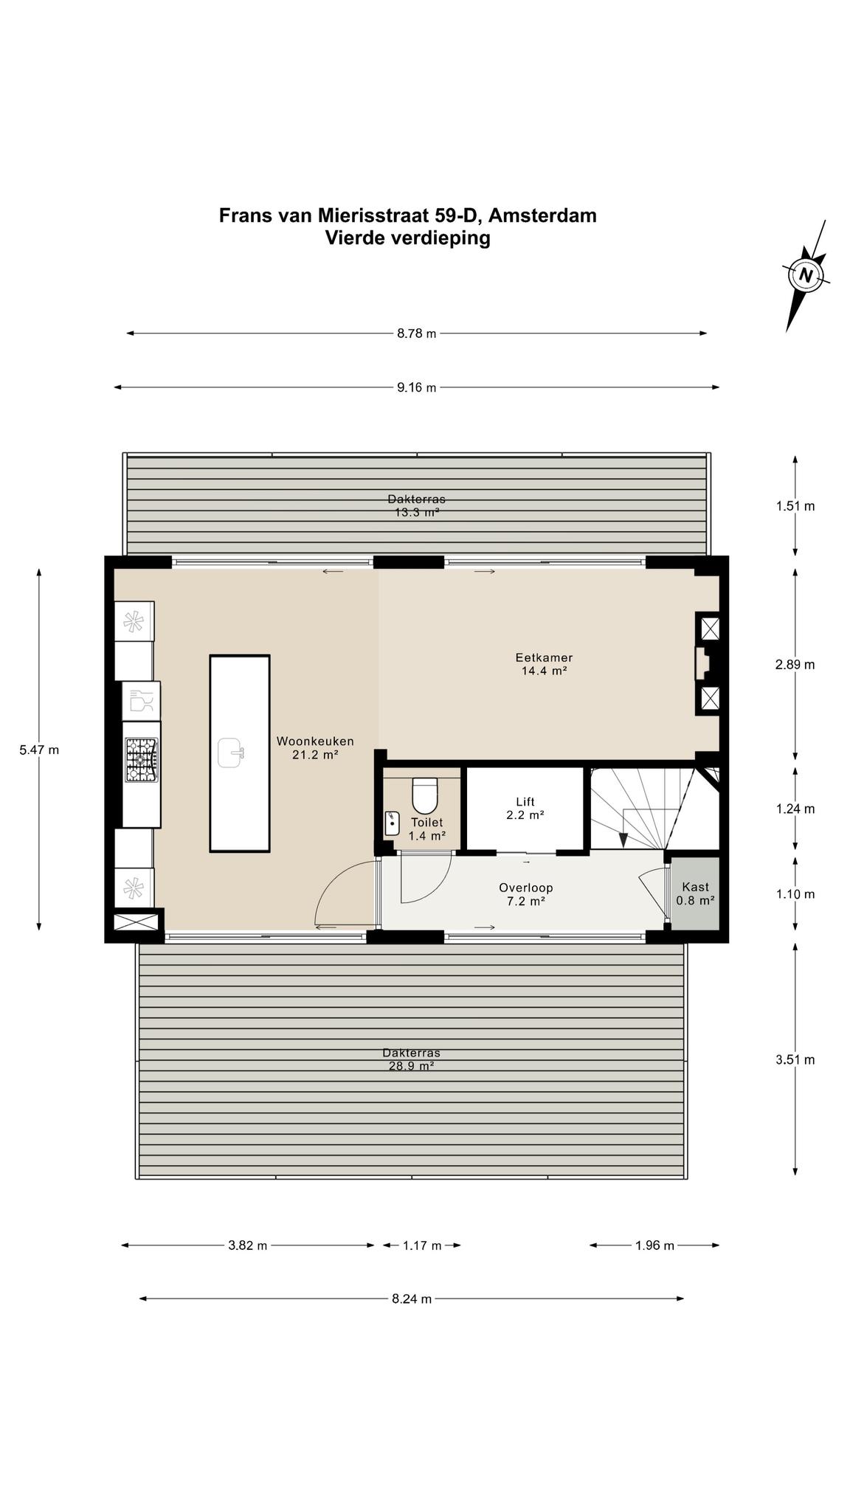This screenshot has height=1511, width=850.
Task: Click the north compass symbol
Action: [x=806, y=276]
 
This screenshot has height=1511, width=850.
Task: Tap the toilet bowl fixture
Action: [x=424, y=795]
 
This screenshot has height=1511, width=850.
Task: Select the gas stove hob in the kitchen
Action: [x=141, y=761]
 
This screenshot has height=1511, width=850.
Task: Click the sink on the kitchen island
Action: [x=232, y=753]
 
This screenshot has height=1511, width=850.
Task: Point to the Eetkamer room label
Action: [x=544, y=664]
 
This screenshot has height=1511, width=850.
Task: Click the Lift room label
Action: [x=525, y=809]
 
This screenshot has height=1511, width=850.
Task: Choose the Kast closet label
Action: [x=695, y=893]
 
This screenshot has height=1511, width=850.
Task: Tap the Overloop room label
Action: [x=525, y=894]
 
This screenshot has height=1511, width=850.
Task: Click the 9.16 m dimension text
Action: [x=417, y=387]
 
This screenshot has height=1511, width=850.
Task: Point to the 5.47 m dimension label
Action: [x=39, y=750]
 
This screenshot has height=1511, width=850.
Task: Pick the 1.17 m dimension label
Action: [x=422, y=1246]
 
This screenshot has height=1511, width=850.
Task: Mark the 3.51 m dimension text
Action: [x=795, y=1060]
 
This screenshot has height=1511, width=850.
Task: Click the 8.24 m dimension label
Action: [x=412, y=1299]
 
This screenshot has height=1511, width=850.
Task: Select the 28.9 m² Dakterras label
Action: [x=411, y=1059]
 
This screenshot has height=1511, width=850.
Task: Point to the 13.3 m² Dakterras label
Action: [x=417, y=505]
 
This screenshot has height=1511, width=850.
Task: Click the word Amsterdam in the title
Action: [x=542, y=215]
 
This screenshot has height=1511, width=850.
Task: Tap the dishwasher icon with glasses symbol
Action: [x=141, y=700]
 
